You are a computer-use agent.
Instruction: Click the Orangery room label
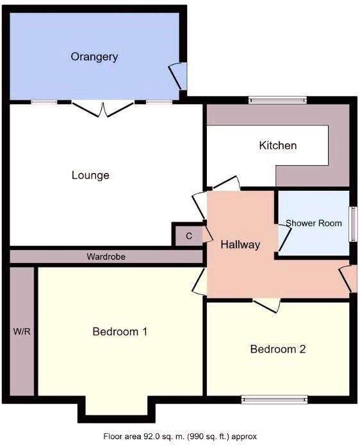click(x=94, y=57)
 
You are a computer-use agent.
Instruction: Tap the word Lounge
click(x=90, y=175)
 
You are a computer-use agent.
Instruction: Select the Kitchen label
click(x=277, y=146)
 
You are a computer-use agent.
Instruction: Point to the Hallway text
click(x=240, y=244)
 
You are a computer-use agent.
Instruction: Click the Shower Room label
click(x=313, y=223)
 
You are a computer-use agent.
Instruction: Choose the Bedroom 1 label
click(x=120, y=331)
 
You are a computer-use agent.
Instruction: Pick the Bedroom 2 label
click(x=277, y=349)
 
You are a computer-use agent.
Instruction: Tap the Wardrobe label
click(x=106, y=257)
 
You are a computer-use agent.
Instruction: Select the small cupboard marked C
click(x=188, y=236)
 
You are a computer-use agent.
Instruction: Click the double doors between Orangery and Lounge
click(x=102, y=108)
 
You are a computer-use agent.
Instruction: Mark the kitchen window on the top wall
click(x=277, y=99)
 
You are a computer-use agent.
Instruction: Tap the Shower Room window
click(x=352, y=224)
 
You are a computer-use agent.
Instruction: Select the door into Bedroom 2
click(x=266, y=305)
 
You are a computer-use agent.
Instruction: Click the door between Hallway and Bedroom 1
click(x=199, y=281)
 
